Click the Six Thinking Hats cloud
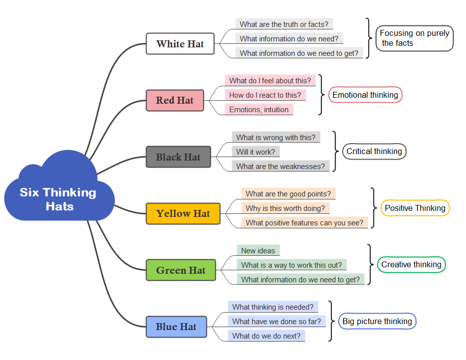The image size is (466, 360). tap(59, 198)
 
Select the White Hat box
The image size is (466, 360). tap(180, 44)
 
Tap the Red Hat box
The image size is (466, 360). tap(174, 100)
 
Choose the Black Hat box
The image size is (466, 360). tap(178, 157)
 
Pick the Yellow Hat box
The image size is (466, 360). tap(183, 213)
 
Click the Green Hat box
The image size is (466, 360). tap(180, 270)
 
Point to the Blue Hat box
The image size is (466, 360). tap(176, 327)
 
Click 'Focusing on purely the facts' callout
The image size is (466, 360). tap(414, 38)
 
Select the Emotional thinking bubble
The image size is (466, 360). tap(365, 95)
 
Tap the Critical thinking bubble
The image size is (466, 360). tap(374, 152)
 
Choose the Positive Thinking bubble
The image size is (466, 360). tap(415, 208)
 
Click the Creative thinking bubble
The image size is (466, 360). tap(411, 264)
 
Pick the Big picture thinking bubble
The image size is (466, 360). tap(377, 321)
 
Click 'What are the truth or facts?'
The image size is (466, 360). tap(284, 24)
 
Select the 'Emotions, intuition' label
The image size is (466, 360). tap(259, 110)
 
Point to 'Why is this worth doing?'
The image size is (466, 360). tap(285, 208)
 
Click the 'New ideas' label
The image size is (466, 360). tap(258, 251)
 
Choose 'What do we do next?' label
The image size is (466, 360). tap(266, 336)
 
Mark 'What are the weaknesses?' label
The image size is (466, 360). tap(280, 166)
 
